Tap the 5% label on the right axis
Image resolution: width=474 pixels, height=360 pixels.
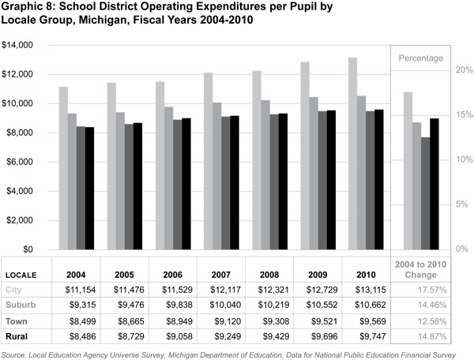click(x=463, y=204)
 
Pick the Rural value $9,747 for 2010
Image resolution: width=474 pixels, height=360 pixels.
click(x=366, y=336)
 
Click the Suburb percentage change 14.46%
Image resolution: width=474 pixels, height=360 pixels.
click(x=431, y=306)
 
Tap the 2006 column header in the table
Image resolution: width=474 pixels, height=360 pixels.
click(x=173, y=274)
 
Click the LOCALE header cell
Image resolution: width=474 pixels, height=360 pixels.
click(x=22, y=275)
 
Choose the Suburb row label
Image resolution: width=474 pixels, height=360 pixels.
click(x=22, y=306)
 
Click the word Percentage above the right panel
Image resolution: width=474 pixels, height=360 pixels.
click(x=420, y=58)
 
